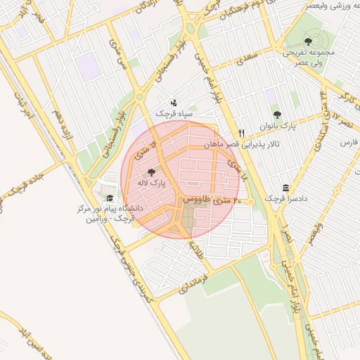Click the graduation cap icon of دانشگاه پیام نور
109,198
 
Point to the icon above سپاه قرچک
173,103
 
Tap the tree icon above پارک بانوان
277,115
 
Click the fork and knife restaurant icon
242,132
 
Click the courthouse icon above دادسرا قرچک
285,188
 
